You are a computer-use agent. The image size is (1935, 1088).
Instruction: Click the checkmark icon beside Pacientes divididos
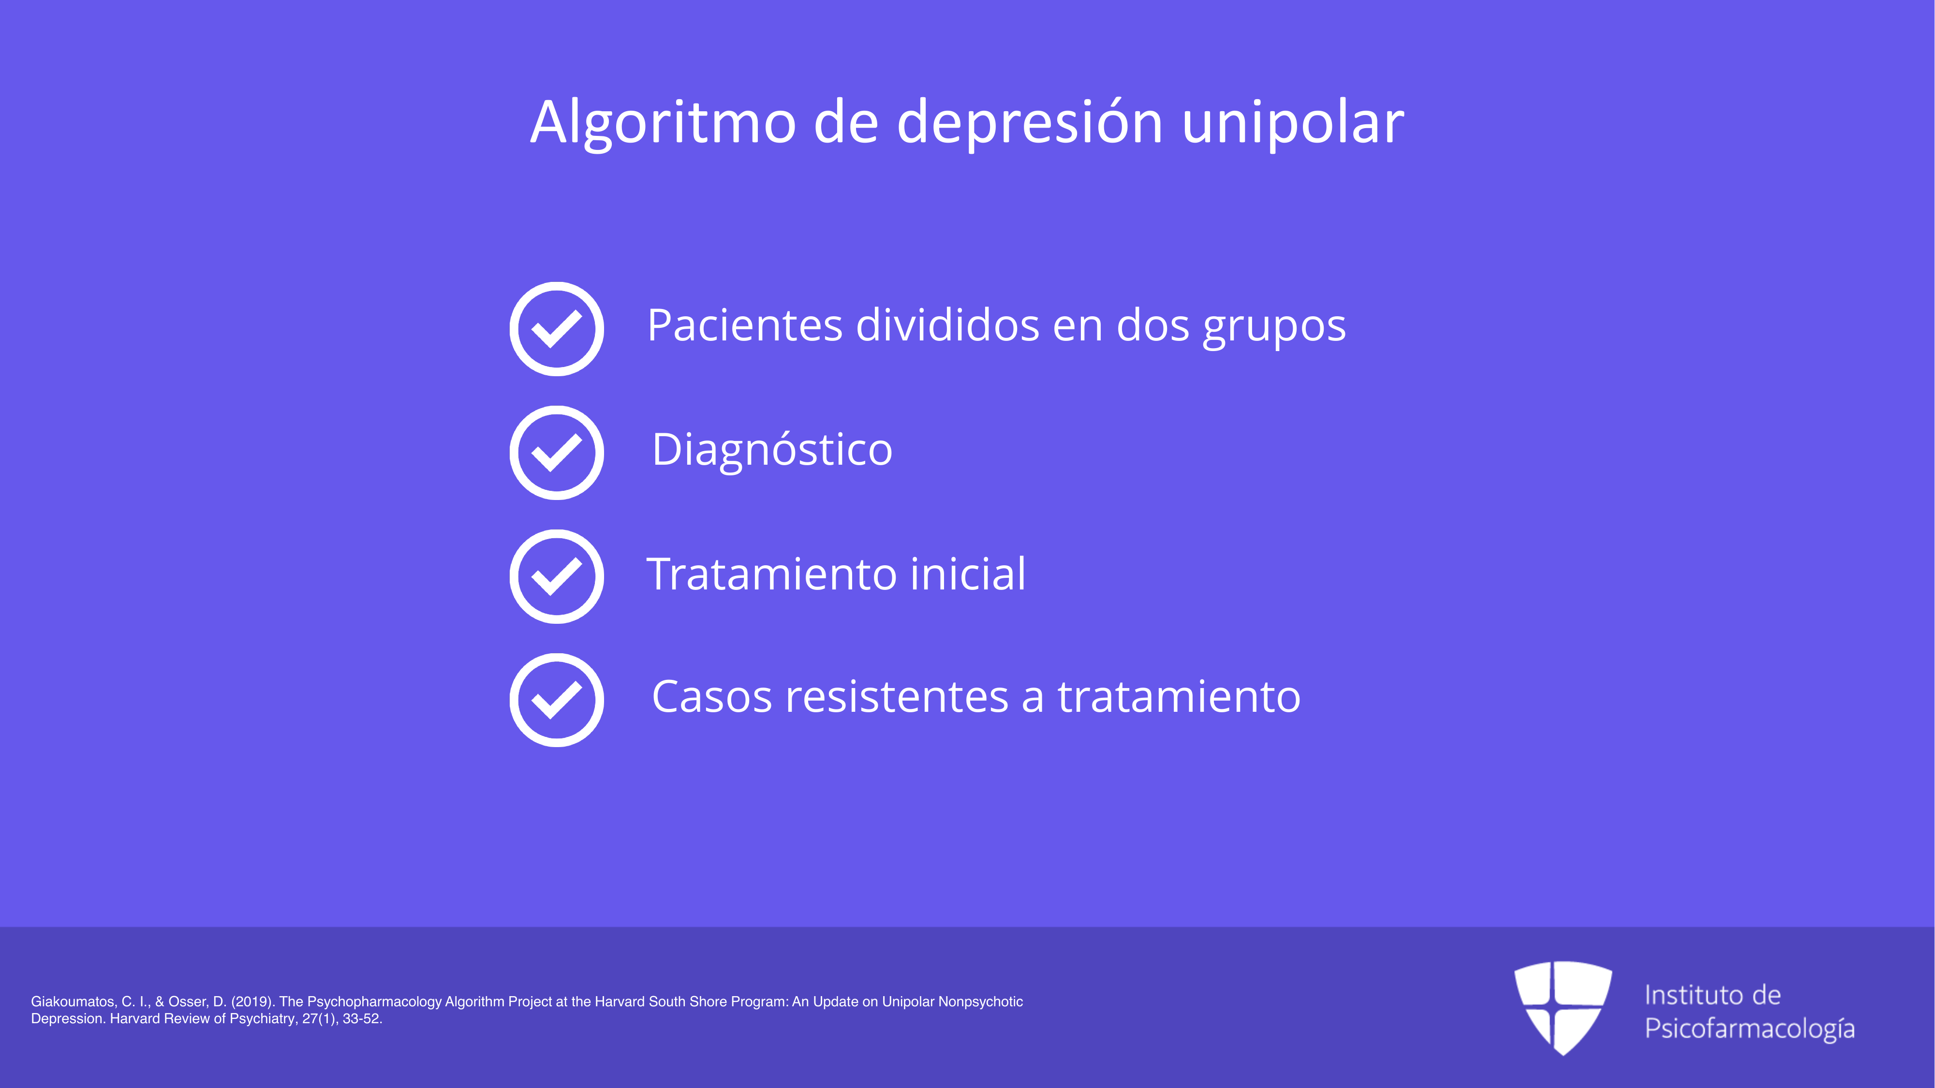tap(557, 329)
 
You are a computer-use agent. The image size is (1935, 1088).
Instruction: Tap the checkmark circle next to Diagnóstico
tap(557, 453)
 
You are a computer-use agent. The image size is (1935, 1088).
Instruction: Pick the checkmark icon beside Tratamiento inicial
tap(557, 577)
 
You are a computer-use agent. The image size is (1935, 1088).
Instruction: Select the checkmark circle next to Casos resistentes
tap(557, 700)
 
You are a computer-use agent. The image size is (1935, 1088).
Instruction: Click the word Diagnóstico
tap(772, 451)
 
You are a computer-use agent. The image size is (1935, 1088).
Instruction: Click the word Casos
tap(712, 697)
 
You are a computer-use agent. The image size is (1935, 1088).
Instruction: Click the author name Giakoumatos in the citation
tap(74, 1001)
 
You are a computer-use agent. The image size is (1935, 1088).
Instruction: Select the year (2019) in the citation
tap(251, 1001)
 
